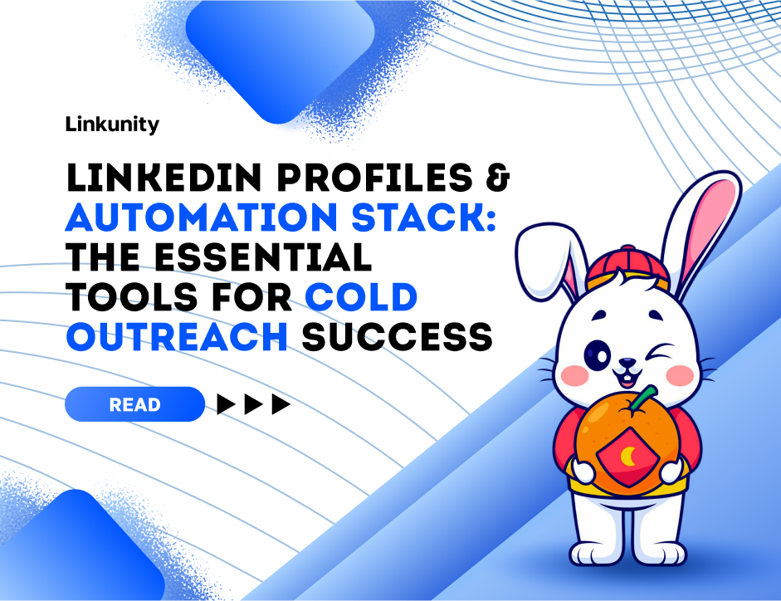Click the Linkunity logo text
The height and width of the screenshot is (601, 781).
[112, 125]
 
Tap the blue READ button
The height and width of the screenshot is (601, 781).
[135, 404]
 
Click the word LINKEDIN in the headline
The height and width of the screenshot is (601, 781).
[164, 177]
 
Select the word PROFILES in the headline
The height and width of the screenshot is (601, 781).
[374, 177]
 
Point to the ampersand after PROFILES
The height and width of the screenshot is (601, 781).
[498, 177]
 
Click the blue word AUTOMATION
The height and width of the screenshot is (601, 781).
[202, 217]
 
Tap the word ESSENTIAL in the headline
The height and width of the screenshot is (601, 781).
[263, 257]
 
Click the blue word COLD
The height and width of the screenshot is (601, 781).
[361, 297]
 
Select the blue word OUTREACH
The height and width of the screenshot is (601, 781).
[177, 337]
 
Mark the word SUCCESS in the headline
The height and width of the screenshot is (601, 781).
[397, 337]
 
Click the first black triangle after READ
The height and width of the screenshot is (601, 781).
[226, 404]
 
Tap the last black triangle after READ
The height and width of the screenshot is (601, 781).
[281, 404]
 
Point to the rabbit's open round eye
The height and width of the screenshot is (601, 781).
[598, 355]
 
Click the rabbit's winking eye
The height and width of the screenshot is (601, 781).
[660, 352]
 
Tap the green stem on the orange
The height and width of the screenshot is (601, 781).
[642, 399]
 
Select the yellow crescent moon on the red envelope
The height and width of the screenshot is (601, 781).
[628, 456]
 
